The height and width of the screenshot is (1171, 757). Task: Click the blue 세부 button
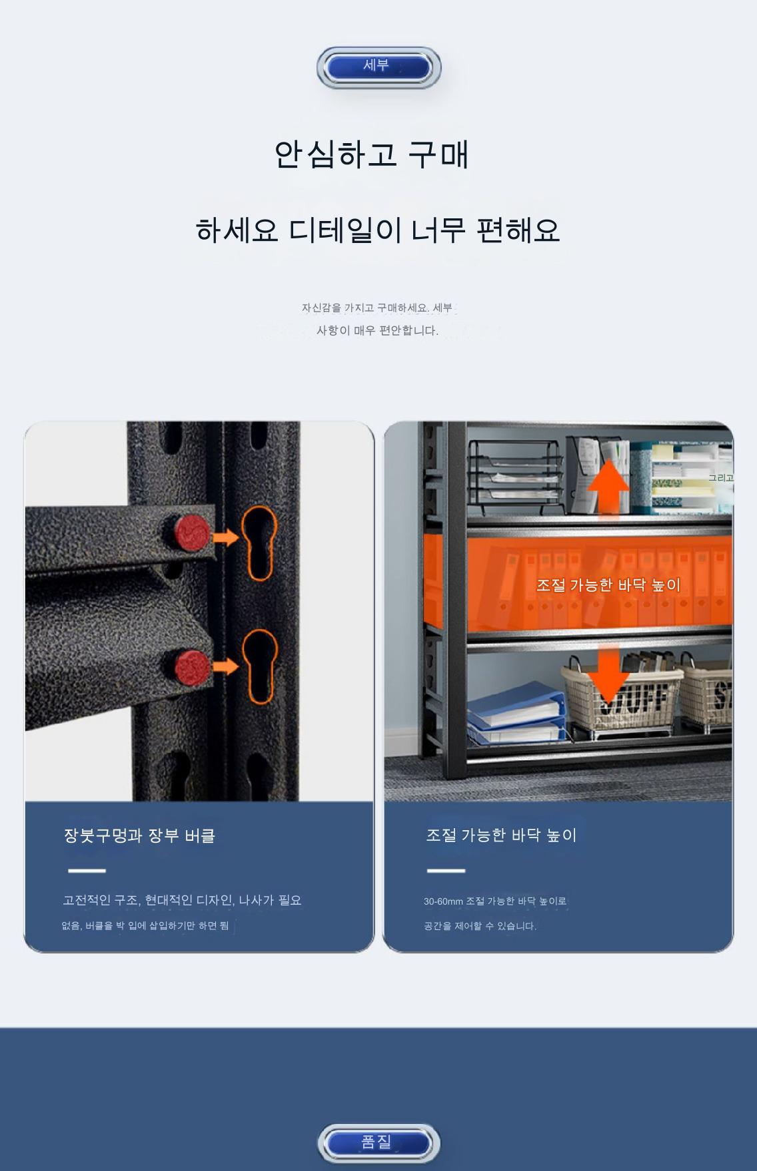tap(378, 67)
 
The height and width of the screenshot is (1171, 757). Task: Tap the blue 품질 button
tap(378, 1142)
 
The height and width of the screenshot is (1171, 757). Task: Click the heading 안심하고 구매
tap(372, 154)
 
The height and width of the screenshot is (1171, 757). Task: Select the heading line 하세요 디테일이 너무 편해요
tap(378, 230)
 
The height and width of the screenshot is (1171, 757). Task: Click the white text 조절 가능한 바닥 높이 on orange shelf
tap(608, 585)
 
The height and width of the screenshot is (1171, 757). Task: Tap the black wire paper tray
tap(514, 473)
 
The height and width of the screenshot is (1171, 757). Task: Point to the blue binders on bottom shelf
tap(514, 713)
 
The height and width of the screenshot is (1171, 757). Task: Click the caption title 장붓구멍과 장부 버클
tap(139, 835)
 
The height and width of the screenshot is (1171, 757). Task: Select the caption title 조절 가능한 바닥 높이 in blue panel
tap(501, 835)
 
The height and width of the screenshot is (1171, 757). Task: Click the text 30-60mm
tap(443, 901)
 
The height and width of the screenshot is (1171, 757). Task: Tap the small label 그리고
tap(720, 477)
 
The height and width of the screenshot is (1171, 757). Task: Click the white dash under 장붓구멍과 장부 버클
tap(87, 870)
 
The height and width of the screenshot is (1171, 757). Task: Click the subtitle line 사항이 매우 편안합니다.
tap(377, 330)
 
